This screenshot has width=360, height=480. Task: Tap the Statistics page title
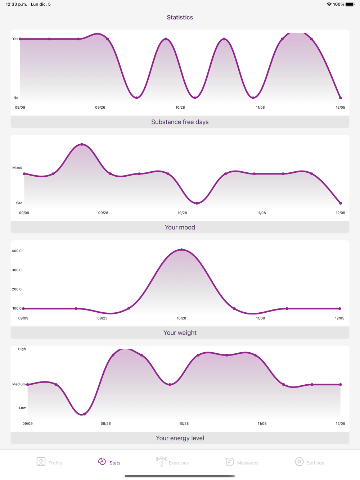[x=180, y=17]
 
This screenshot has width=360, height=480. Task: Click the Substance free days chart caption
[x=180, y=122]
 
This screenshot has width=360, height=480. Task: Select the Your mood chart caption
[x=180, y=227]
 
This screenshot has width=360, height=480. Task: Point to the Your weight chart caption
[x=180, y=333]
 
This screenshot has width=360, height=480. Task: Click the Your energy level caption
[x=180, y=438]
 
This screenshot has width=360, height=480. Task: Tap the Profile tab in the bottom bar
[x=49, y=462]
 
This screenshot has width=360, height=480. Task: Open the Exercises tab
[x=172, y=462]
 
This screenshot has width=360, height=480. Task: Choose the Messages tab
[x=242, y=462]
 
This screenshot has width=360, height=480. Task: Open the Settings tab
[x=309, y=462]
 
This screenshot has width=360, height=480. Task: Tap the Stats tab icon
[x=102, y=461]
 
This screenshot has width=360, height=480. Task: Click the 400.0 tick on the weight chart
[x=17, y=251]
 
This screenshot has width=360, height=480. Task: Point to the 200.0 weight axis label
[x=17, y=289]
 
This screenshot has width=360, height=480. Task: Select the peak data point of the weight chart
[x=181, y=250]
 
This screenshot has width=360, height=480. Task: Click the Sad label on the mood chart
[x=19, y=203]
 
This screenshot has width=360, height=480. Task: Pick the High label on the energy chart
[x=22, y=349]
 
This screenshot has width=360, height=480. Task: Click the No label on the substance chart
[x=16, y=98]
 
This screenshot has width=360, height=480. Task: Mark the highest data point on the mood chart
[x=82, y=144]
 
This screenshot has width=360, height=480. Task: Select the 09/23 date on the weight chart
[x=102, y=318]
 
